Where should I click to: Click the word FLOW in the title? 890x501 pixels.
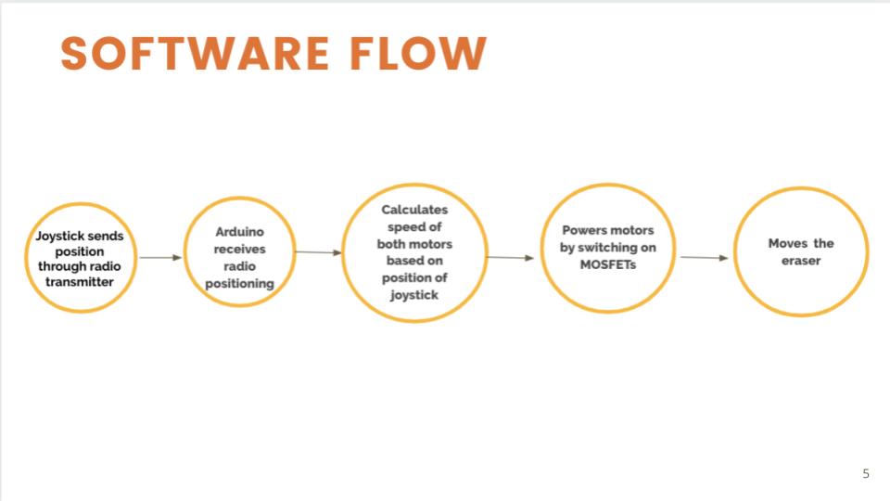pyautogui.click(x=418, y=54)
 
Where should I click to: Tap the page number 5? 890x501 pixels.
pyautogui.click(x=866, y=474)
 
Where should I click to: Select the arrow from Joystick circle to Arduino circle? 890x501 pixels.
pyautogui.click(x=160, y=257)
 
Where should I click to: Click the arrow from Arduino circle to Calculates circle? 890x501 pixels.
pyautogui.click(x=318, y=251)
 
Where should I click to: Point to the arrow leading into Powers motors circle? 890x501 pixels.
pyautogui.click(x=510, y=257)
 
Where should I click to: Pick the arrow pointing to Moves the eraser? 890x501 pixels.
pyautogui.click(x=704, y=257)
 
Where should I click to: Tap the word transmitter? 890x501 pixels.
pyautogui.click(x=81, y=281)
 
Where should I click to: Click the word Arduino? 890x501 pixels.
pyautogui.click(x=239, y=232)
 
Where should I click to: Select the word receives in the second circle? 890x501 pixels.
pyautogui.click(x=239, y=249)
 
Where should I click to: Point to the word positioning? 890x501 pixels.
pyautogui.click(x=239, y=283)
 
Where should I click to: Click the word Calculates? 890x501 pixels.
pyautogui.click(x=414, y=210)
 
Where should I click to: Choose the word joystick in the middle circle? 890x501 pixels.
pyautogui.click(x=414, y=295)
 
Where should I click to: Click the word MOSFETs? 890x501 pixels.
pyautogui.click(x=607, y=264)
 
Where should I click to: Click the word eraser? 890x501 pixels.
pyautogui.click(x=801, y=261)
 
